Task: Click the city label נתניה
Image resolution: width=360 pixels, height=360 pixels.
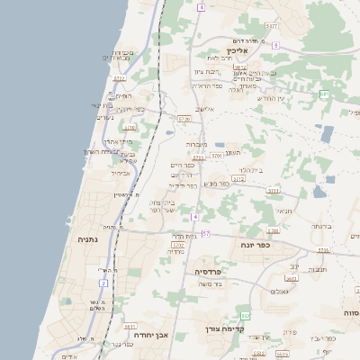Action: click(x=87, y=239)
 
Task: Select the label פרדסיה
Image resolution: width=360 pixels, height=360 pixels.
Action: click(x=213, y=270)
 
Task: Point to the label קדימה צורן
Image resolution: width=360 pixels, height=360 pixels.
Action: click(x=223, y=328)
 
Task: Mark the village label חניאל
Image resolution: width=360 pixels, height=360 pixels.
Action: click(x=283, y=211)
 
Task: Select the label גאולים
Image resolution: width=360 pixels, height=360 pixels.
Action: click(x=279, y=292)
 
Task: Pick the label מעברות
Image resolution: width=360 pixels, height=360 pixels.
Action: click(x=197, y=144)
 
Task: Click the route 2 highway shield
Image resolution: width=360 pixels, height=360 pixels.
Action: click(x=103, y=283)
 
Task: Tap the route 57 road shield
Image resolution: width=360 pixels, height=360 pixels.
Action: click(x=205, y=234)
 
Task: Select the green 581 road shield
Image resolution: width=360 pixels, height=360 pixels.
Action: click(x=324, y=94)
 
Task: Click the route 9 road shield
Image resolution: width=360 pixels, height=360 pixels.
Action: click(x=275, y=45)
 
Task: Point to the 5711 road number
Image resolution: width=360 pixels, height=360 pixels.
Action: click(x=274, y=191)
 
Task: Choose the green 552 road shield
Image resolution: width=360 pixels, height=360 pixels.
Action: click(x=245, y=315)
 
